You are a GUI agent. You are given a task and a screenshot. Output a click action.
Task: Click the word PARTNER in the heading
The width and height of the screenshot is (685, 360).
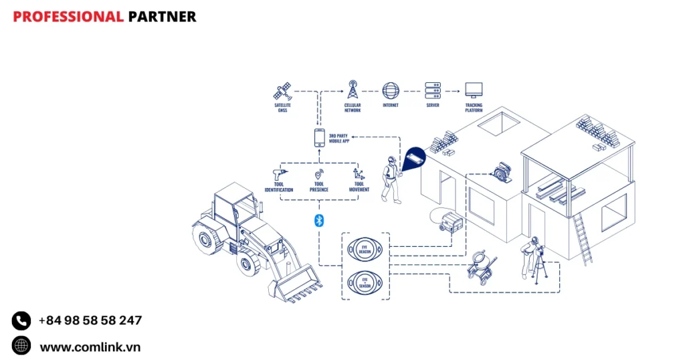coord(162,17)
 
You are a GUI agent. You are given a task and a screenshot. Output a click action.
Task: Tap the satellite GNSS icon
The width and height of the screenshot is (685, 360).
coord(283,90)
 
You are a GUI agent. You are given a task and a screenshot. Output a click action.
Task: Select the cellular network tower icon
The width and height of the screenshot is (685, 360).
coord(353,89)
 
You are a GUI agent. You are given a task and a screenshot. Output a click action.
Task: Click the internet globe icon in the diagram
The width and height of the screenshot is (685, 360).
coord(391,90)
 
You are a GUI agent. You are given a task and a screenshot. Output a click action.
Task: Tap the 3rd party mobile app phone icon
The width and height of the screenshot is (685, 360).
coord(320,138)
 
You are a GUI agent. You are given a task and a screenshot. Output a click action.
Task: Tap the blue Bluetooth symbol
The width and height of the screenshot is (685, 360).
coord(319,221)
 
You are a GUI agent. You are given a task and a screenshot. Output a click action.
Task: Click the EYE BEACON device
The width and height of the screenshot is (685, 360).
coord(365,250)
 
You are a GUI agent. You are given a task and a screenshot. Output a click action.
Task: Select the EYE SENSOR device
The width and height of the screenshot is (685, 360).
coord(365,282)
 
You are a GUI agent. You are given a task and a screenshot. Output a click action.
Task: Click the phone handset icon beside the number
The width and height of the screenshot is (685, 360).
coord(21,321)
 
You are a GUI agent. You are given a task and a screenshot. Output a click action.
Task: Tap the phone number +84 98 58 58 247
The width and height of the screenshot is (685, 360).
coord(90,321)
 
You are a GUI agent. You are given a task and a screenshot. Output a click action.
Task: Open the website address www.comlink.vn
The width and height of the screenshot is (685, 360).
coord(90,347)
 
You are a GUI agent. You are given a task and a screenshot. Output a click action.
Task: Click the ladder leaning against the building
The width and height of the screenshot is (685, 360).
coord(582,240)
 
